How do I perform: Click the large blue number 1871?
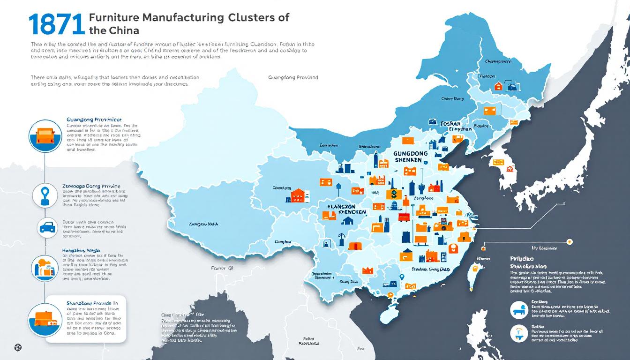(x=56, y=24)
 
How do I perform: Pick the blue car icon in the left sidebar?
(x=47, y=227)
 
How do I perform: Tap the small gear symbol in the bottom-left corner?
(x=18, y=347)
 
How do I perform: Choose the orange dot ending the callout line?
(x=570, y=241)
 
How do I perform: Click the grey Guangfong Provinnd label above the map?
(x=293, y=77)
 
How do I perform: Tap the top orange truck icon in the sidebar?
(x=45, y=136)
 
